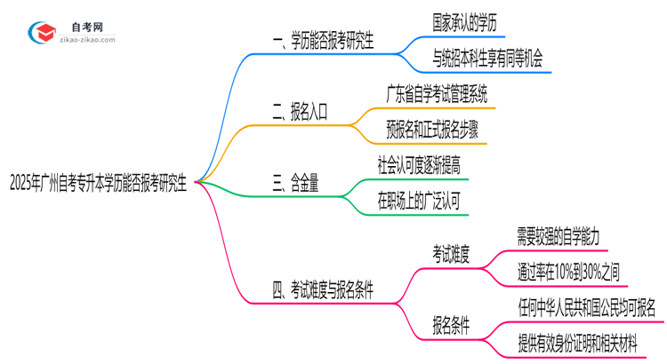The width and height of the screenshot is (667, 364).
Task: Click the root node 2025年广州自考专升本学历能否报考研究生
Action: coord(97,184)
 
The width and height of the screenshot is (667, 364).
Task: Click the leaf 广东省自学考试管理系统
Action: coord(437,92)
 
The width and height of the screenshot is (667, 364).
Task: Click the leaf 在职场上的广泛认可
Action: coord(419,202)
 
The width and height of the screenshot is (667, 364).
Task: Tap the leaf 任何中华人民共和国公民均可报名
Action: coord(587,307)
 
